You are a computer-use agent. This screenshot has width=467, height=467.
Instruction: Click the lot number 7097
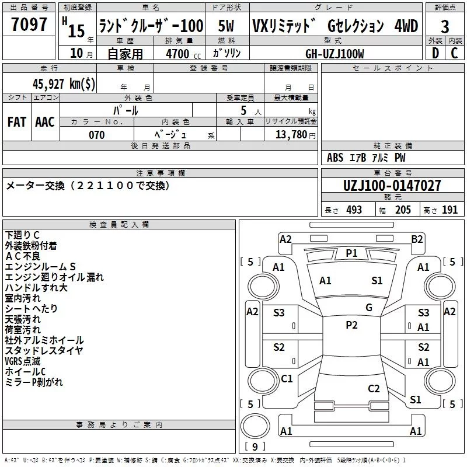pyautogui.click(x=29, y=25)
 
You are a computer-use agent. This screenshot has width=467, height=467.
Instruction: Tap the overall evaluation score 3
pyautogui.click(x=445, y=27)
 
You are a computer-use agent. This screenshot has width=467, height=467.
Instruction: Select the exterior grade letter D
pyautogui.click(x=435, y=53)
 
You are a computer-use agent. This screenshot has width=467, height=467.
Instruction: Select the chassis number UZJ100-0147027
pyautogui.click(x=392, y=186)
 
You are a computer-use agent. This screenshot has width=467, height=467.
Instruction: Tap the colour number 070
pyautogui.click(x=96, y=135)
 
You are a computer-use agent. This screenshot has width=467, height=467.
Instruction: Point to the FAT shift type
pyautogui.click(x=17, y=122)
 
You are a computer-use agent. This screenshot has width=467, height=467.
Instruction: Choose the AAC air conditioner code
pyautogui.click(x=45, y=122)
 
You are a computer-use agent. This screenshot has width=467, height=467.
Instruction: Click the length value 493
pyautogui.click(x=354, y=210)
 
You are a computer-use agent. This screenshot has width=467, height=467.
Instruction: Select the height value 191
pyautogui.click(x=449, y=210)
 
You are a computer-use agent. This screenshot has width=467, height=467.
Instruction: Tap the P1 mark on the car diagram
pyautogui.click(x=351, y=253)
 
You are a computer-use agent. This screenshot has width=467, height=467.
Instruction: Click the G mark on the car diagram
pyautogui.click(x=368, y=308)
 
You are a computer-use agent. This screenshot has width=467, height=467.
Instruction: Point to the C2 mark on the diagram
pyautogui.click(x=374, y=389)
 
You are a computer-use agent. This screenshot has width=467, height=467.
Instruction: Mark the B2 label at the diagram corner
pyautogui.click(x=417, y=239)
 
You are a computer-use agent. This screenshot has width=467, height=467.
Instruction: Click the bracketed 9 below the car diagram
pyautogui.click(x=255, y=447)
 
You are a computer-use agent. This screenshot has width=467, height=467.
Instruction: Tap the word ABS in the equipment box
pyautogui.click(x=335, y=158)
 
